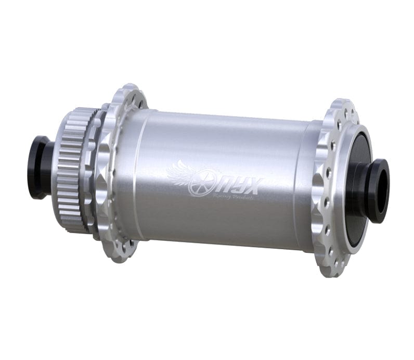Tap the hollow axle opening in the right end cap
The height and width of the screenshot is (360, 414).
click(383, 191)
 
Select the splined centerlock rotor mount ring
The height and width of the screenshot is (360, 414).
click(70, 169)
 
